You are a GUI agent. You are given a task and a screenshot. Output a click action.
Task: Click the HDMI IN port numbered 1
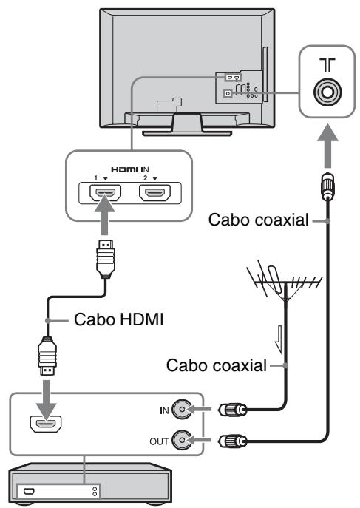105,193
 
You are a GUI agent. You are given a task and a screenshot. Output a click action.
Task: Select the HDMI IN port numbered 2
154,193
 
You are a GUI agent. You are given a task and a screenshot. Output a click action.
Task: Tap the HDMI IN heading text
130,169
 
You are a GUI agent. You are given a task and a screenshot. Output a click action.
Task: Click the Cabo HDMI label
118,319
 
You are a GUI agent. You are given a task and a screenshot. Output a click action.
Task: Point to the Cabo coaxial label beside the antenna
217,365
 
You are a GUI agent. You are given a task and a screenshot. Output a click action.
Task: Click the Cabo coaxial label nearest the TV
258,220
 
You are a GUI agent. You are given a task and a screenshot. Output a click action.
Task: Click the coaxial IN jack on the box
182,409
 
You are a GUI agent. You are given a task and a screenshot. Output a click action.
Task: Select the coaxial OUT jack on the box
182,440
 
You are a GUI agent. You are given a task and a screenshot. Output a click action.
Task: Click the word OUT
159,441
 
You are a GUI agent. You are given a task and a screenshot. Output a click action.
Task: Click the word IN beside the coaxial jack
164,411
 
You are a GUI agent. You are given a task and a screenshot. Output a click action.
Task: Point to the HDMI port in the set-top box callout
46,424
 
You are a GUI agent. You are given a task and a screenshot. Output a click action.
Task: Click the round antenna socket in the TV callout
327,92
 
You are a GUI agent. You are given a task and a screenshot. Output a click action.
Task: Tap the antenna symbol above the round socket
327,65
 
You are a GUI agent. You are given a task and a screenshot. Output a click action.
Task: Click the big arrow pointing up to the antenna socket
327,146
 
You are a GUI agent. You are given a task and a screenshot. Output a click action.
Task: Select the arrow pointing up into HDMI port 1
104,214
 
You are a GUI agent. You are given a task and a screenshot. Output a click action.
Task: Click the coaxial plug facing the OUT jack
232,441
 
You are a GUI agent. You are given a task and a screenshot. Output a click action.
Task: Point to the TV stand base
187,133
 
